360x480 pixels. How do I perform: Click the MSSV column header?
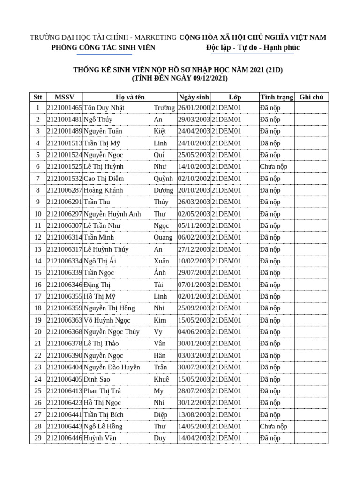click(x=64, y=97)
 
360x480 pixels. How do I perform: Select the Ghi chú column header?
click(x=311, y=97)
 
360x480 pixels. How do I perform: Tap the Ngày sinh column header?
click(x=194, y=97)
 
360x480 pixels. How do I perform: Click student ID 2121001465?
click(x=65, y=108)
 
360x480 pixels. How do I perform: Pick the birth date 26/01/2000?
click(x=194, y=108)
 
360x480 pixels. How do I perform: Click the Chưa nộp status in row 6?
click(x=274, y=166)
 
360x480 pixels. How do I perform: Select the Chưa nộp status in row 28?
click(x=274, y=426)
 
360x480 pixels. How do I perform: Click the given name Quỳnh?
click(x=163, y=179)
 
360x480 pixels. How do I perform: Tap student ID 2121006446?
click(x=65, y=438)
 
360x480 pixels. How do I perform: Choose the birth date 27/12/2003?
click(x=194, y=249)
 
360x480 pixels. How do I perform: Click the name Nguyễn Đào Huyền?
click(x=112, y=367)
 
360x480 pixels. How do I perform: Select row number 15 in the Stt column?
click(x=38, y=273)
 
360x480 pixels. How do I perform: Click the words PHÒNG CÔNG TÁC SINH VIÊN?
click(x=103, y=47)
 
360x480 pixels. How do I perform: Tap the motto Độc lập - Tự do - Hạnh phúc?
click(x=253, y=47)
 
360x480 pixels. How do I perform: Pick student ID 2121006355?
click(x=65, y=296)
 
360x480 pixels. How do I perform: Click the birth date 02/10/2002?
click(x=194, y=179)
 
